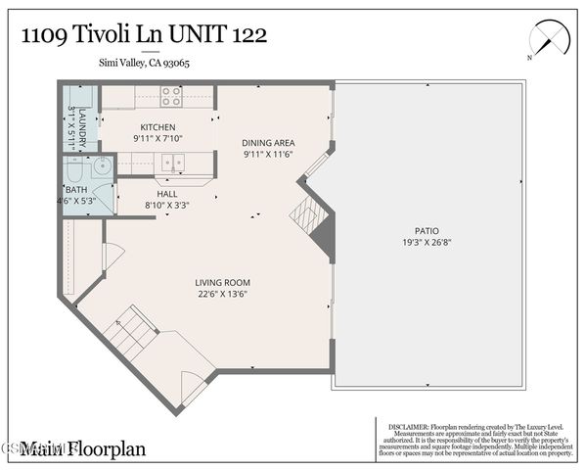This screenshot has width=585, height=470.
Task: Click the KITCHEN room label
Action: (x=157, y=127)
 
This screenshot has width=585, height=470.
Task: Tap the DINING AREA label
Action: (x=268, y=143)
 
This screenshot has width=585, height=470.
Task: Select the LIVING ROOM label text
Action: (x=220, y=282)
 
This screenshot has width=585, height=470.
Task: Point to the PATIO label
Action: (x=426, y=231)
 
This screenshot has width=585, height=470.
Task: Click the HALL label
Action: (x=166, y=194)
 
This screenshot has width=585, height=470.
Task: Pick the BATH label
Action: (x=74, y=190)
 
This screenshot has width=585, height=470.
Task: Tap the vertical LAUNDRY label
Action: (x=83, y=127)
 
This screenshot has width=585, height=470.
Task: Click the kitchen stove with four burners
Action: (x=170, y=97)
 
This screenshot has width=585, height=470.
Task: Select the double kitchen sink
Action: (x=173, y=164)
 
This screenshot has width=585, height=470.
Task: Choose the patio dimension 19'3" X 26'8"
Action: (x=426, y=242)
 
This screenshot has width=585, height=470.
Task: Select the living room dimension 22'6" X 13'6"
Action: (x=220, y=293)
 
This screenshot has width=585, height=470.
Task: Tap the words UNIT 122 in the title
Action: (x=220, y=35)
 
